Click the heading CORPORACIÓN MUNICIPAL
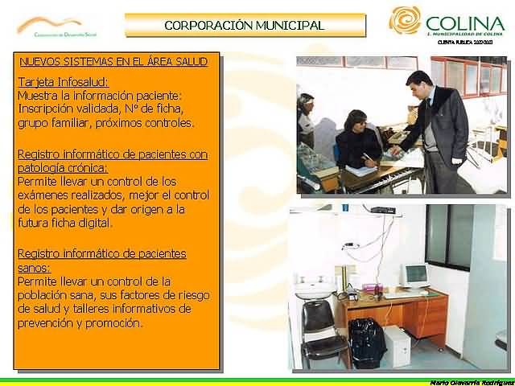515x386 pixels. (244, 25)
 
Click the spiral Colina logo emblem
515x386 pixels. (405, 21)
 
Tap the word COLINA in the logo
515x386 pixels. (464, 24)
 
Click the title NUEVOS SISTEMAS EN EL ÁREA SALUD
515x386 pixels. (113, 61)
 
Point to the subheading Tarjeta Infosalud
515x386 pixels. (63, 82)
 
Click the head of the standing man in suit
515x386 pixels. (416, 83)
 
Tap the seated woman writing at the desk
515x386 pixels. (356, 142)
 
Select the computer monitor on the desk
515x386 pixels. (414, 275)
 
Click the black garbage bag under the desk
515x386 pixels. (366, 343)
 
